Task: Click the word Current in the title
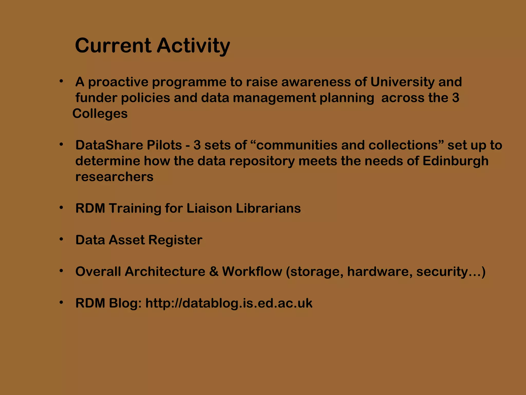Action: click(113, 46)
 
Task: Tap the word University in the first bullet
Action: click(402, 82)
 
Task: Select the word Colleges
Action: click(100, 114)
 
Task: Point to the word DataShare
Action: click(109, 145)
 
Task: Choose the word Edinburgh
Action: click(455, 161)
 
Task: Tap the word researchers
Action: click(114, 177)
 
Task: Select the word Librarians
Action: click(268, 208)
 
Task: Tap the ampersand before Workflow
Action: click(214, 272)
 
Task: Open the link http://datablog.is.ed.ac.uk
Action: click(229, 303)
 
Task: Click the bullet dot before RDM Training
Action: click(61, 208)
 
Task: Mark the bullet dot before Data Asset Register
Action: click(61, 239)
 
